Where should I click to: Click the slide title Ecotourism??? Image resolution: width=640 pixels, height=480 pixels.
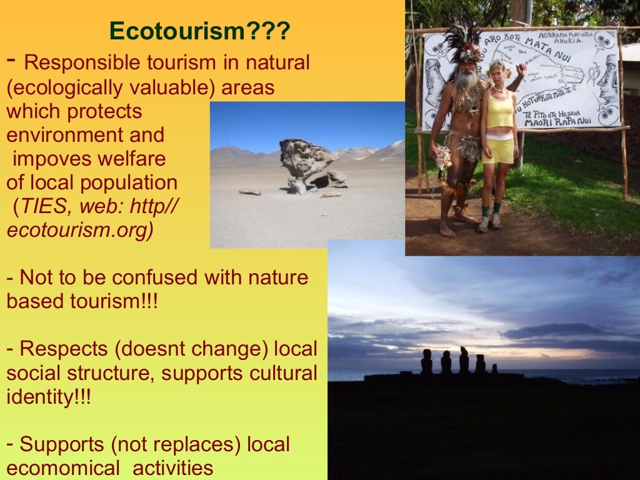point(199,31)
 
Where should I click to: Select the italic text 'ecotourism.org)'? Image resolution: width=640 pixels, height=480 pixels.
point(80,230)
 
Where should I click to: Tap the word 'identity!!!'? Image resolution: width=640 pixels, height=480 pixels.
point(49,397)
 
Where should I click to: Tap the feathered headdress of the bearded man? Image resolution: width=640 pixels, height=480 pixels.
point(463,41)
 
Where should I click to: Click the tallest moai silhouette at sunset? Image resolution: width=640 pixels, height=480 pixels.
point(464,360)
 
